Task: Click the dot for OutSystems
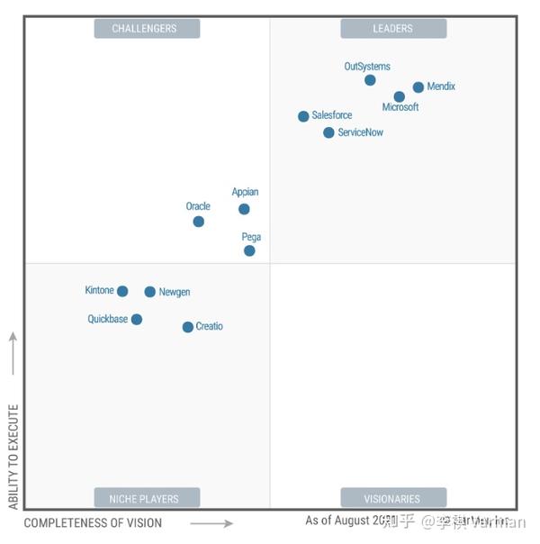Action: [370, 80]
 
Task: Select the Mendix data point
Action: [418, 87]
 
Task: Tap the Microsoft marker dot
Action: [400, 96]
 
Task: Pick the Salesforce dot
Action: [303, 116]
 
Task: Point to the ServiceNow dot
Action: [328, 132]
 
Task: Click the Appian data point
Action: [244, 209]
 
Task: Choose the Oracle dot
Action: [198, 222]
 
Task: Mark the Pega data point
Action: [249, 250]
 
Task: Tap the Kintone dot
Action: [122, 291]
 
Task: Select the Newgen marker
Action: [149, 292]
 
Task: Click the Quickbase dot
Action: [136, 319]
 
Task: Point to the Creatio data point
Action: [187, 327]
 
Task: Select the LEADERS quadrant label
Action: [393, 29]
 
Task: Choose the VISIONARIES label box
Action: [393, 498]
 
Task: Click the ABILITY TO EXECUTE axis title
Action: [13, 457]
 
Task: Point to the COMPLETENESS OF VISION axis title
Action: [94, 523]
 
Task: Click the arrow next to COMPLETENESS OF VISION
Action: [211, 523]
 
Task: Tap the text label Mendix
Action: [442, 86]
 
